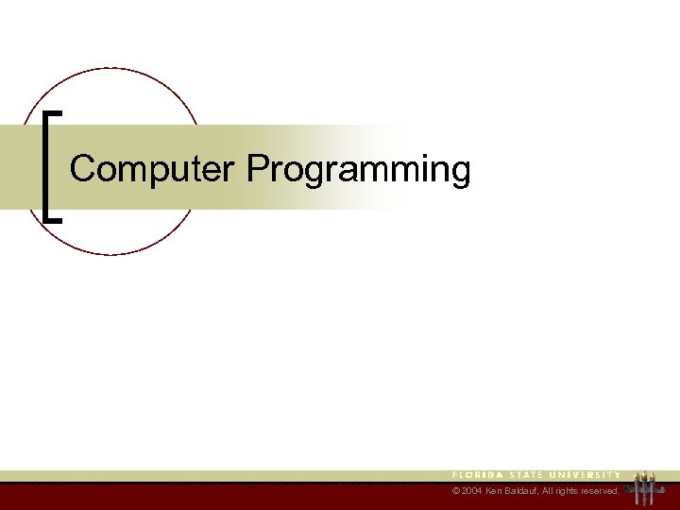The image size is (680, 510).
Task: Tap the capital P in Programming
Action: pos(257,170)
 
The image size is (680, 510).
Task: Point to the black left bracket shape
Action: pos(48,166)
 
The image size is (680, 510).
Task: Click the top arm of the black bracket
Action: pos(54,113)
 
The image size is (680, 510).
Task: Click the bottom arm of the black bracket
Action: pos(54,219)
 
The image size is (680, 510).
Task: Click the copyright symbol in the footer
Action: pos(456,492)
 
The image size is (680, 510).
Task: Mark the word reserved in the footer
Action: pos(600,492)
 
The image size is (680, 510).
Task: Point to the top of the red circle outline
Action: pos(111,68)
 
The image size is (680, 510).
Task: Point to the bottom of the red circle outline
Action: pos(111,254)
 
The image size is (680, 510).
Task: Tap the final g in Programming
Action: pos(460,174)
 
